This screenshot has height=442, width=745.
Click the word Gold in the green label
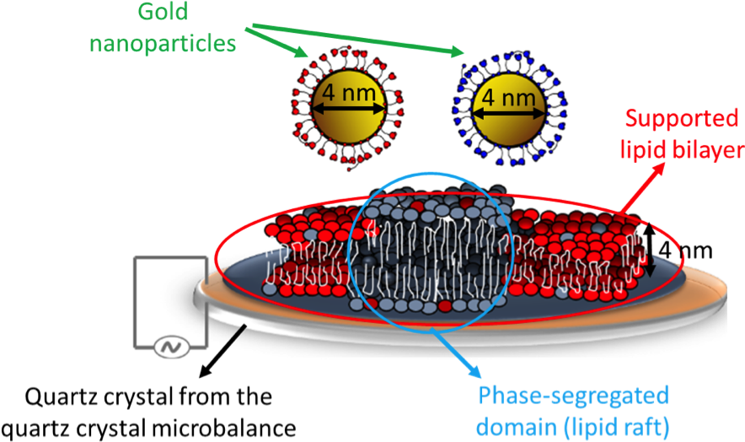163,13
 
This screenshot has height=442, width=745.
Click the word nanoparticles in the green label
163,42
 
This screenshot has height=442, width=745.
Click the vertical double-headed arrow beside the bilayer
651,250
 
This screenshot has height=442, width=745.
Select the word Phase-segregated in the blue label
573,396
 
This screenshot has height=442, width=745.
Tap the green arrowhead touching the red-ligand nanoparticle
303,55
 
